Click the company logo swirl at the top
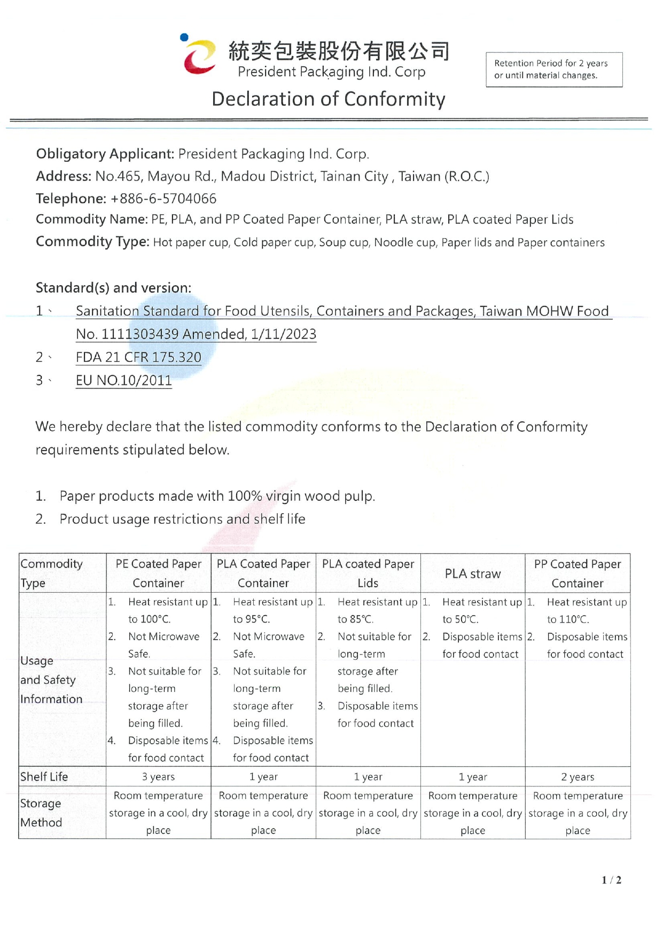click(199, 56)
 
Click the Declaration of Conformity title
click(328, 99)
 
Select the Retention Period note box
click(553, 69)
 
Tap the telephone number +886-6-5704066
click(163, 199)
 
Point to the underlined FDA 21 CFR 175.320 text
click(138, 357)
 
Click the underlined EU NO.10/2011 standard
click(123, 381)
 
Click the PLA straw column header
click(472, 574)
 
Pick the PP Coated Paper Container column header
click(577, 573)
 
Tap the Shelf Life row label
click(44, 777)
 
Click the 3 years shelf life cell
click(158, 777)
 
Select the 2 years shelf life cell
click(577, 777)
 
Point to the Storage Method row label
click(41, 813)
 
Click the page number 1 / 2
click(611, 880)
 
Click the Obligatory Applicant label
click(105, 154)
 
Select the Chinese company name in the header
click(339, 51)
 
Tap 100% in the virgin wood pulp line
click(244, 496)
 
